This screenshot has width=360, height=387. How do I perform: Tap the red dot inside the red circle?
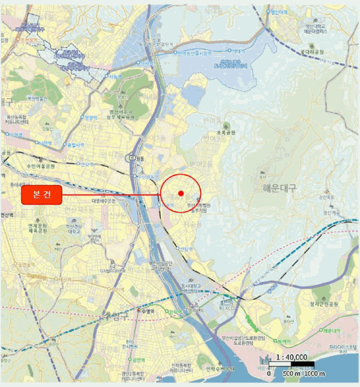(181, 192)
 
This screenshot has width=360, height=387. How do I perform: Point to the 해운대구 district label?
(276, 188)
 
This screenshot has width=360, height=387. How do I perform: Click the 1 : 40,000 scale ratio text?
(292, 357)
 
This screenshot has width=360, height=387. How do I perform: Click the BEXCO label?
(227, 304)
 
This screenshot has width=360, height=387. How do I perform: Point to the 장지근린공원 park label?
(324, 305)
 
